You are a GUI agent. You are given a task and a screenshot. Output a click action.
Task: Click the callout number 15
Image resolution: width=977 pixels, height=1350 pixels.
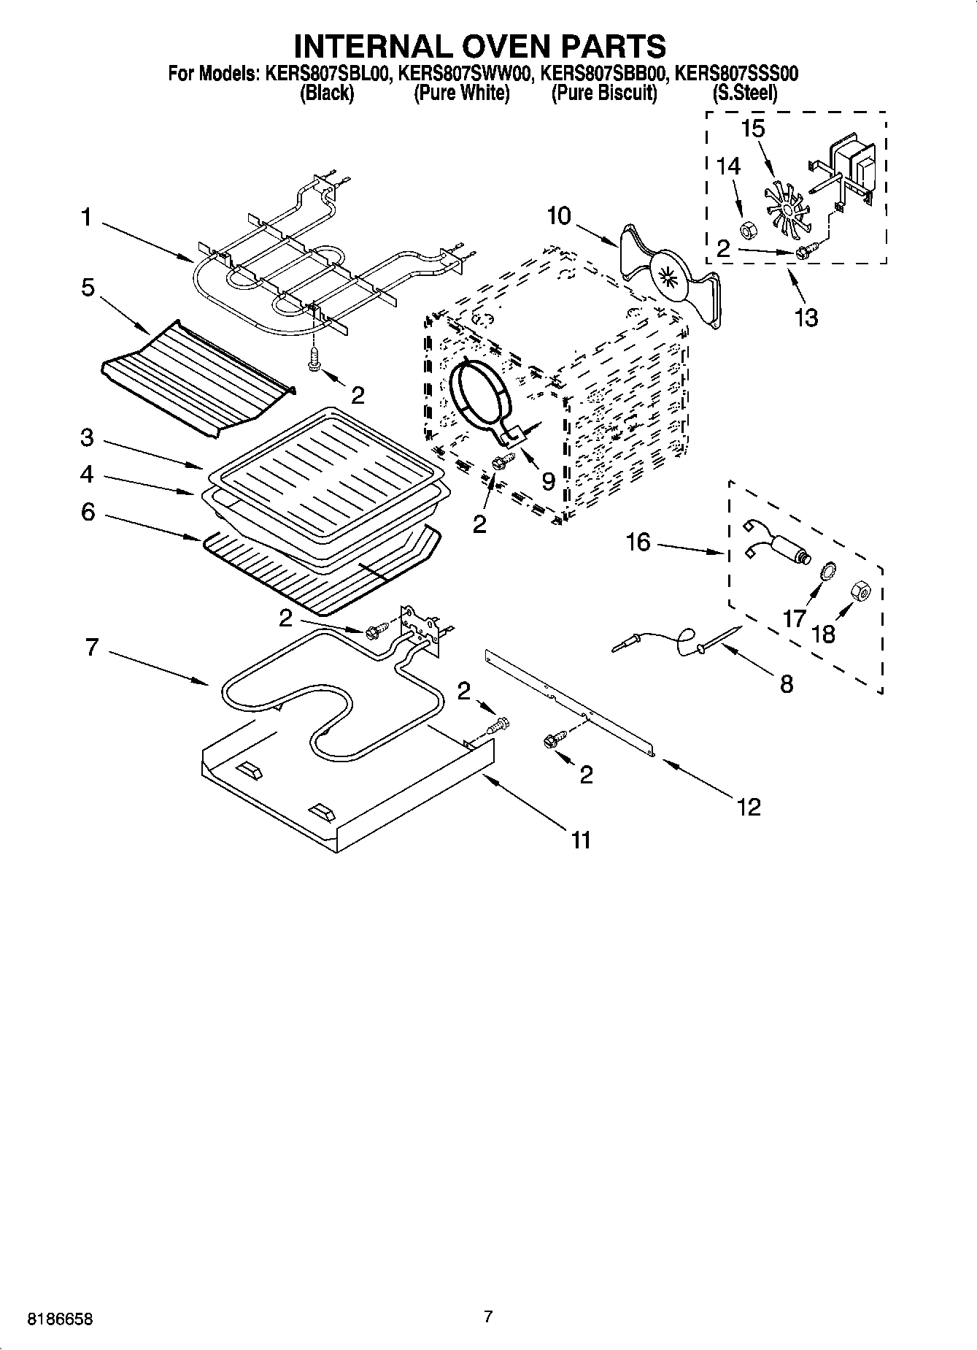tap(752, 129)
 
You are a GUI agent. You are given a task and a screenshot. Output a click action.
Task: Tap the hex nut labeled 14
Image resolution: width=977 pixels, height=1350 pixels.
tap(747, 231)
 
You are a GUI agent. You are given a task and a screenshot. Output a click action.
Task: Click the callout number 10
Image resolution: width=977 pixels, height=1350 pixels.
tap(559, 217)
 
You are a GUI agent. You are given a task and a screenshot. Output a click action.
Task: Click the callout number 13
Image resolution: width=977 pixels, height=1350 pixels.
tap(806, 318)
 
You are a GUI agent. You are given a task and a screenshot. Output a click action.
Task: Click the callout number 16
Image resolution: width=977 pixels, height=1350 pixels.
tap(638, 542)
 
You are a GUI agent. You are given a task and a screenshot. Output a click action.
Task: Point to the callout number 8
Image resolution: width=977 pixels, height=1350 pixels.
tap(786, 684)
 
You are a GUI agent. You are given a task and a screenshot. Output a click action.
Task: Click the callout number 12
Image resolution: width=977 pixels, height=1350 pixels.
tap(749, 806)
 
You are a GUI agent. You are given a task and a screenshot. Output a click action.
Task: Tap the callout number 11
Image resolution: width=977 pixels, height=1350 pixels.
tap(580, 840)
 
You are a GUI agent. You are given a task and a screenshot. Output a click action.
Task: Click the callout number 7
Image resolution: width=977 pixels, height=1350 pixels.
tap(91, 647)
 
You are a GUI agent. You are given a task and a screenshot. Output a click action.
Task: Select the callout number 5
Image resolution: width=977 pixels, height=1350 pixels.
tap(88, 288)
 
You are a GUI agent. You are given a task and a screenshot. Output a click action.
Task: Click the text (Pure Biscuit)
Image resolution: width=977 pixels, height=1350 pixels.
tap(603, 93)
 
